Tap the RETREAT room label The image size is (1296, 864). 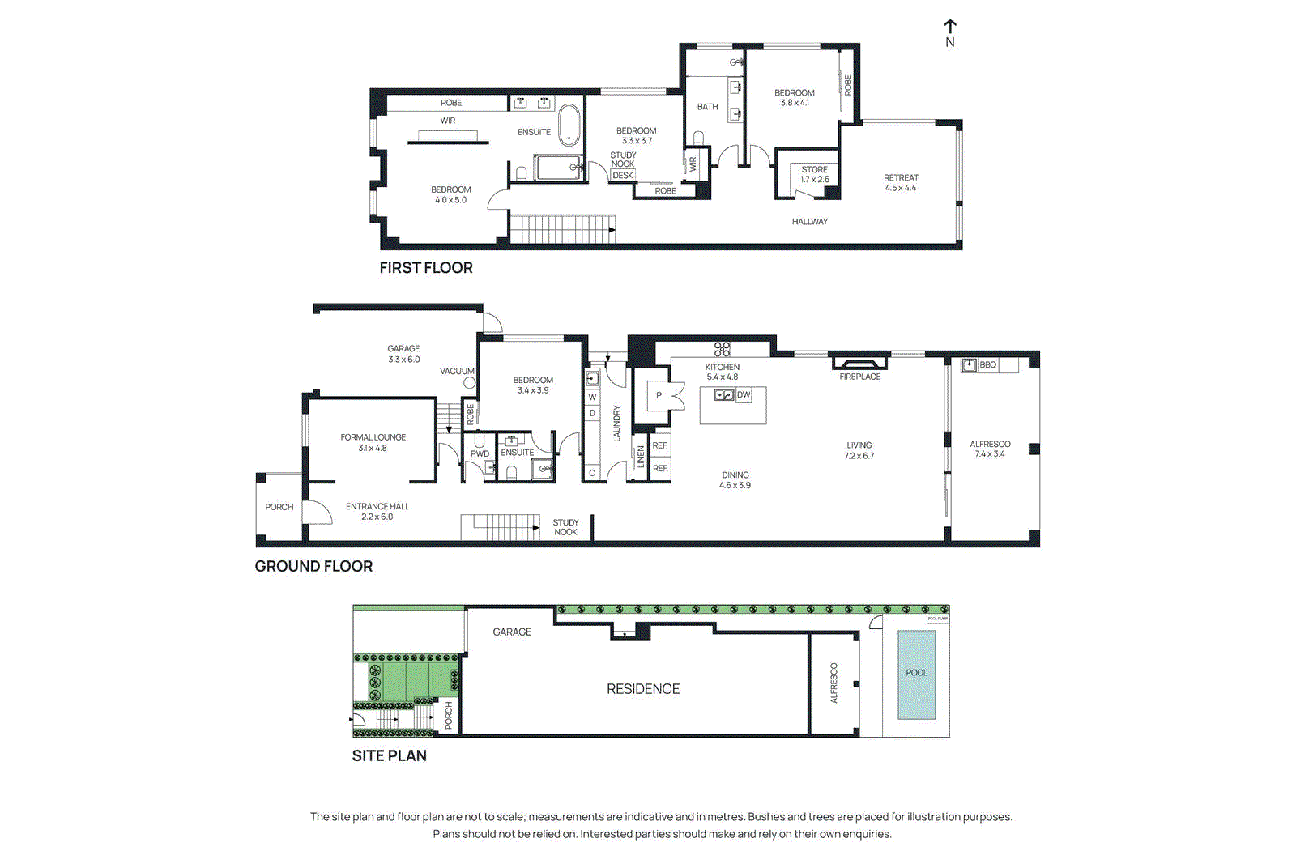pos(901,178)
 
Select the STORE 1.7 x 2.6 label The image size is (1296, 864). pos(814,175)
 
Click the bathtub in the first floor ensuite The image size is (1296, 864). pos(569,125)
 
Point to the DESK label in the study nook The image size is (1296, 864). pos(623,176)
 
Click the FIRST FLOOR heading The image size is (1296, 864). pos(426,268)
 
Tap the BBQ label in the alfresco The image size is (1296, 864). pos(987,365)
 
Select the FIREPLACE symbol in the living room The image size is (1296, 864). pos(859,364)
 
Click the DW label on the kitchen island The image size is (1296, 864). pos(744,395)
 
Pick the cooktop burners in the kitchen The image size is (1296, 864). pos(722,349)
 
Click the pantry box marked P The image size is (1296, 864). pos(659,396)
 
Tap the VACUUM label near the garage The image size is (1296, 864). pos(457,372)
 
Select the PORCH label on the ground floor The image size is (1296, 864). pos(279,507)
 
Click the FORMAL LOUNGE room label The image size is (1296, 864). pos(373,437)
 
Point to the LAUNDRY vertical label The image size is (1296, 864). pos(616,423)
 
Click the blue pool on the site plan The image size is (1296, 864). pos(916,675)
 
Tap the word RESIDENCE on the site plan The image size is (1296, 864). pos(643,689)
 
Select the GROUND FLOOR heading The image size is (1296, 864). pos(313,567)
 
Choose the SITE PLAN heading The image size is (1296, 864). pos(389,756)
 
